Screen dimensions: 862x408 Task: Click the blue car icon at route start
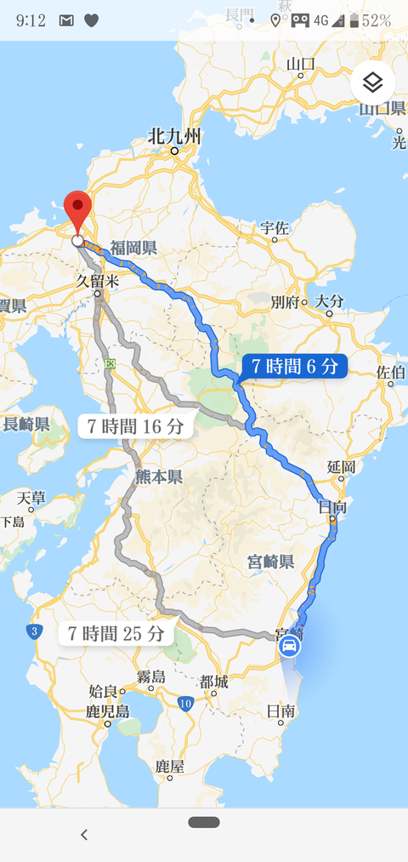coord(289,646)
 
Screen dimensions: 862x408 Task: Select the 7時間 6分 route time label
coord(294,367)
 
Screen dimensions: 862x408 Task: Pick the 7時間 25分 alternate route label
coord(116,633)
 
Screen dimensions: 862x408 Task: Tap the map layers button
coord(373,83)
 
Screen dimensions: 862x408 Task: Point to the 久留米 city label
coord(96,280)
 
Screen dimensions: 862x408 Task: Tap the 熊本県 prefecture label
coord(159,477)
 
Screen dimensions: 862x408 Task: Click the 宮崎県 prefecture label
coord(270,562)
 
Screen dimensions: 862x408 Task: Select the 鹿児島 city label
coord(107,711)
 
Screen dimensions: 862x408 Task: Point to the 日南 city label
coord(280,711)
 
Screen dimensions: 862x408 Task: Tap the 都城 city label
coord(213,682)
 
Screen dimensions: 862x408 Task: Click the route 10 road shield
coord(186,703)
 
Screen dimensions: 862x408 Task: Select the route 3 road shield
coord(33,631)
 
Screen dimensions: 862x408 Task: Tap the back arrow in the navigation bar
coord(83,834)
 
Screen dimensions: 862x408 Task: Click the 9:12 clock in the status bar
coord(31,20)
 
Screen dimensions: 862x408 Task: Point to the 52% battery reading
coord(377,20)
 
